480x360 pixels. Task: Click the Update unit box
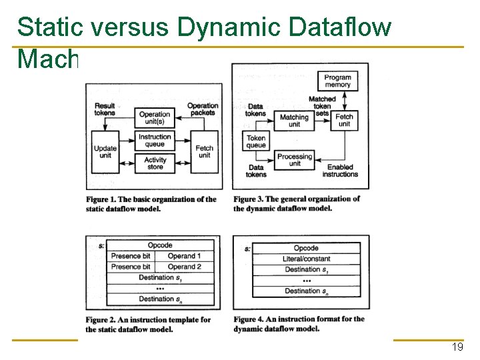[x=105, y=152]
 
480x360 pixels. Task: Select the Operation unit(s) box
[x=155, y=118]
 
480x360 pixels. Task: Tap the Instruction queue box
[x=155, y=141]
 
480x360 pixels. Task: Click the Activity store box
[x=155, y=163]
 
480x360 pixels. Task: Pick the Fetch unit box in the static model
[x=204, y=152]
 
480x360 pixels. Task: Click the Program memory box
[x=337, y=81]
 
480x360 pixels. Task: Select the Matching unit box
[x=294, y=121]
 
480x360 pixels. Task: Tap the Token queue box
[x=256, y=141]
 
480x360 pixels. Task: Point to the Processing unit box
[x=295, y=160]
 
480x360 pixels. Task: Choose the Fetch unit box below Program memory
[x=344, y=121]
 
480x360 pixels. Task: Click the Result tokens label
[x=105, y=109]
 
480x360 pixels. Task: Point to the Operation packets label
[x=202, y=109]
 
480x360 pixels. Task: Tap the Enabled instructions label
[x=340, y=171]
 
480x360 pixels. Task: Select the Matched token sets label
[x=322, y=107]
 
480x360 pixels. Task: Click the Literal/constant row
[x=306, y=259]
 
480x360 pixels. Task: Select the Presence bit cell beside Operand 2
[x=131, y=267]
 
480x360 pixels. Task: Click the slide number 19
[x=457, y=347]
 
